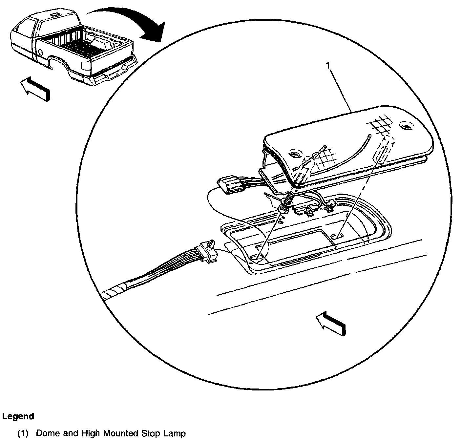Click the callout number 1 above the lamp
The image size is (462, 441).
pyautogui.click(x=328, y=66)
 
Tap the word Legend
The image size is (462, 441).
pyautogui.click(x=18, y=416)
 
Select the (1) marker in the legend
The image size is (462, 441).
pyautogui.click(x=23, y=433)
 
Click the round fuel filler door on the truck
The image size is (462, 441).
pyautogui.click(x=40, y=52)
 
